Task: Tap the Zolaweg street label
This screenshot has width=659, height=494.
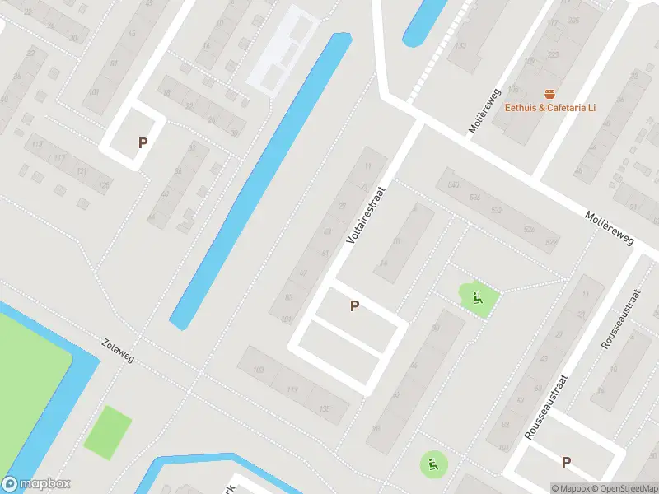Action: [117, 351]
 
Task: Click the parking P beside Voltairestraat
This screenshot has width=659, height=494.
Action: [355, 306]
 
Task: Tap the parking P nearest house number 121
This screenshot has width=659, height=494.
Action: [143, 142]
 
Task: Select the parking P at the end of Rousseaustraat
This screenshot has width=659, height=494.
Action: [566, 463]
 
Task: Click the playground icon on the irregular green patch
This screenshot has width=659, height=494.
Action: [476, 296]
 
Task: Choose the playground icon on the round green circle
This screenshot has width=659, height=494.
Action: [432, 465]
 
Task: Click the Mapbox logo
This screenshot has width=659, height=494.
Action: [36, 484]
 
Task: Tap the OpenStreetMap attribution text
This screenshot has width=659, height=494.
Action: [624, 488]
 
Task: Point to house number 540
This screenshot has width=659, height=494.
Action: [453, 184]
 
